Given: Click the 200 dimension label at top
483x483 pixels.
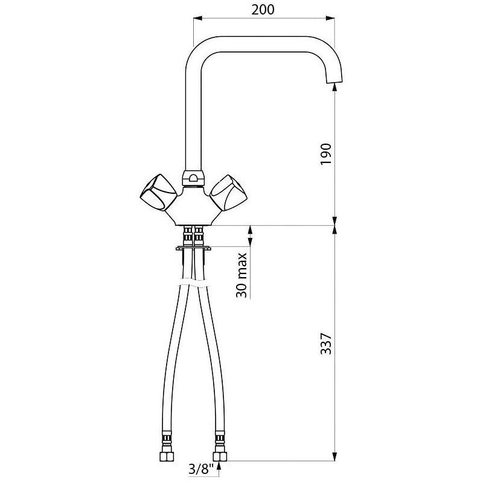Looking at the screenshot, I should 263,10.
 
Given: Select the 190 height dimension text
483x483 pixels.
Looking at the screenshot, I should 325,154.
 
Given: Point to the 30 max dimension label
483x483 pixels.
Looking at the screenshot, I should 241,275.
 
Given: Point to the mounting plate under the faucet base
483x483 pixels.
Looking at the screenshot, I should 193,247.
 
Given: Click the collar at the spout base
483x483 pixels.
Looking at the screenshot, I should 191,178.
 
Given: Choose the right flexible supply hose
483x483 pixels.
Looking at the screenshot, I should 211,362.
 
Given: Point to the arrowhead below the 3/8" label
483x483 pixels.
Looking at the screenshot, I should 219,465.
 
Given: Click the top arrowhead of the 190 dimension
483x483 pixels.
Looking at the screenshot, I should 334,88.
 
